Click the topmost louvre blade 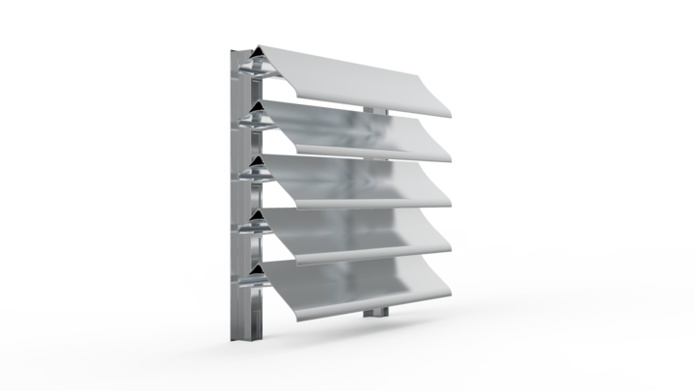coord(357,77)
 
